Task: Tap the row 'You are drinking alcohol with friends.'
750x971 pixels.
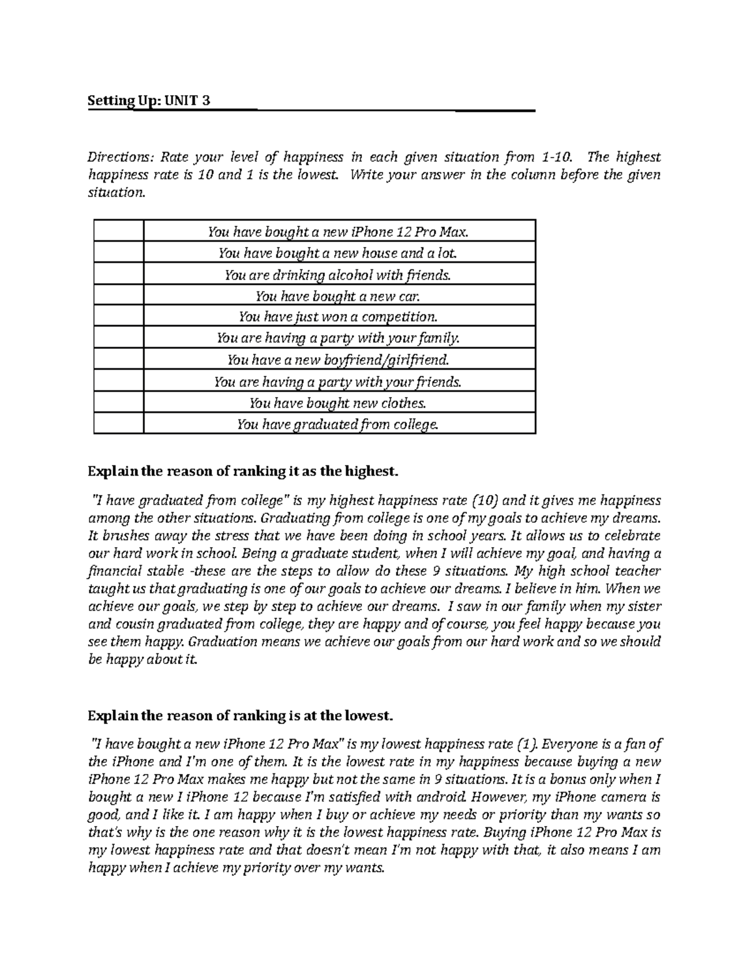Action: (x=339, y=274)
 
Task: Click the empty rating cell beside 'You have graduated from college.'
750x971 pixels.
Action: (x=118, y=425)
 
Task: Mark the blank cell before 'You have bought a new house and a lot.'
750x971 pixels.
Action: (x=118, y=253)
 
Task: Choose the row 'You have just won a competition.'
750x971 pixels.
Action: (x=339, y=317)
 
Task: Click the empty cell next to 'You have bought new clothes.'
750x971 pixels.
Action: (x=118, y=403)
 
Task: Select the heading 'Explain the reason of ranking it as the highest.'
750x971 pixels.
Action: (x=242, y=471)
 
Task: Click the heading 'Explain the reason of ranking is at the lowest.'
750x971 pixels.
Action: (x=241, y=714)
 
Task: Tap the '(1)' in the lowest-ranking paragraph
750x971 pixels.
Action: (x=526, y=744)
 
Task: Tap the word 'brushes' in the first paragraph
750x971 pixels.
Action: (x=125, y=536)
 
